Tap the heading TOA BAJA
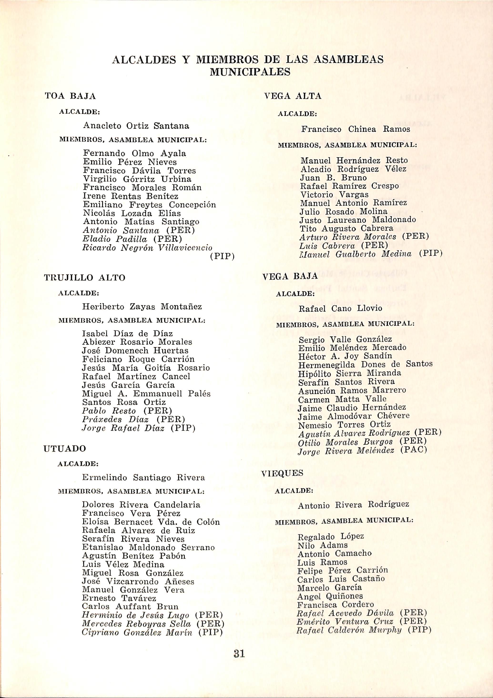[x=70, y=96]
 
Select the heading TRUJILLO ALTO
[x=85, y=278]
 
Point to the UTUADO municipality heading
[x=65, y=449]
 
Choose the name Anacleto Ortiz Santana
[x=136, y=126]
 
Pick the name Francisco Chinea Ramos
[x=355, y=129]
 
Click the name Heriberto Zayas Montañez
[x=142, y=307]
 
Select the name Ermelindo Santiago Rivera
[x=143, y=477]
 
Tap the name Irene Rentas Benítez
[x=131, y=196]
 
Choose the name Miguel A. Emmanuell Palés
[x=146, y=394]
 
